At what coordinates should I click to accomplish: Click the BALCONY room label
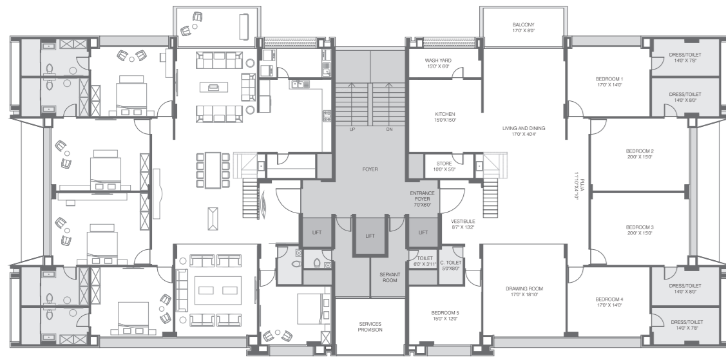[523, 25]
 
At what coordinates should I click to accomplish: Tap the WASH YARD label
[437, 61]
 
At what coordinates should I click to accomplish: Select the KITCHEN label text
[445, 114]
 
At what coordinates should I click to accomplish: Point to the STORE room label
[443, 164]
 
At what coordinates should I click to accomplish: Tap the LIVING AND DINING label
[524, 128]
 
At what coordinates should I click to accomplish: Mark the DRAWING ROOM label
[523, 289]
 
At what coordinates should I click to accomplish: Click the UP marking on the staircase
[352, 129]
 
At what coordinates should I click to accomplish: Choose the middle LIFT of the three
[370, 236]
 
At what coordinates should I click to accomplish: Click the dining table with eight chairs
[213, 170]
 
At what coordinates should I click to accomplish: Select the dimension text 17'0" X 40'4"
[524, 135]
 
